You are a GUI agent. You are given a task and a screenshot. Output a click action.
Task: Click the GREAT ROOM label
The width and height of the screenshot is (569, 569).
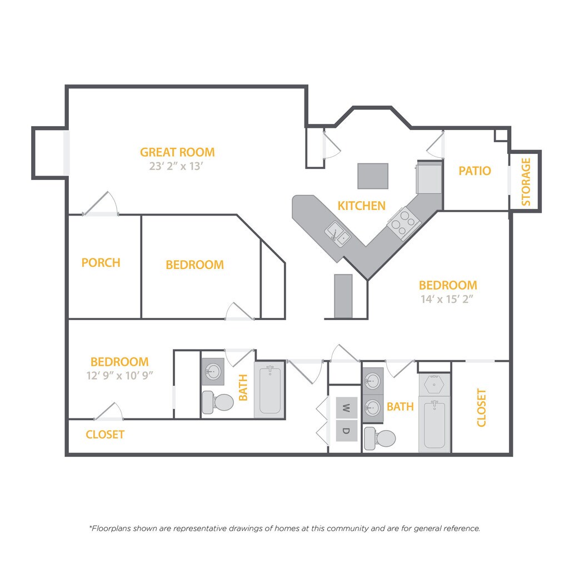tap(177, 152)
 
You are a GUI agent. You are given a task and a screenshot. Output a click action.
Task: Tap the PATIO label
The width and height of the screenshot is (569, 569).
tap(475, 171)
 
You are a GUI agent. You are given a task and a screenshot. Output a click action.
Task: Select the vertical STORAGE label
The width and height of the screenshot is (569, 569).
tap(526, 182)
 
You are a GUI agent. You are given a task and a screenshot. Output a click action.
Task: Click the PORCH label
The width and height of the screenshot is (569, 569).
tap(101, 262)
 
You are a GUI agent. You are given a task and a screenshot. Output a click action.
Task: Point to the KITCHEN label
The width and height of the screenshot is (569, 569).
tap(361, 206)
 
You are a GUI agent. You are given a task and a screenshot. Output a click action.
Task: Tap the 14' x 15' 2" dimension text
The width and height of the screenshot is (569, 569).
tap(448, 299)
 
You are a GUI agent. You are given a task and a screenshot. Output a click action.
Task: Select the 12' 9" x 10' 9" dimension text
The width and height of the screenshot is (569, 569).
tap(119, 375)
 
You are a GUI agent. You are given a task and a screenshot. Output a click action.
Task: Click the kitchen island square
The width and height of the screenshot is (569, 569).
tap(373, 176)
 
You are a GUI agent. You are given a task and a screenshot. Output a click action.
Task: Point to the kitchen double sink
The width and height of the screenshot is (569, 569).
tap(338, 233)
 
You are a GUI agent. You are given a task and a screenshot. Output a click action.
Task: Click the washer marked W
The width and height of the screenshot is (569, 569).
tap(346, 408)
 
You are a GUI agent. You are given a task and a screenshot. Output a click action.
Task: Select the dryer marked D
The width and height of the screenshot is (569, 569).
tap(346, 431)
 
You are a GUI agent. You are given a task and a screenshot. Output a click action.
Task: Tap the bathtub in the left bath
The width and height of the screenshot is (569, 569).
tap(269, 388)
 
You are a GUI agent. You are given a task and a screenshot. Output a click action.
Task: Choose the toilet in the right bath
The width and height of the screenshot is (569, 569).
tap(380, 438)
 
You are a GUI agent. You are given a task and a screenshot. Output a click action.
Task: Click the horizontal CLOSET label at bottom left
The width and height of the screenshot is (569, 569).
tap(105, 435)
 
